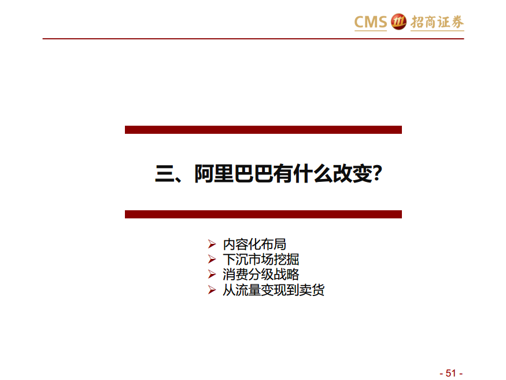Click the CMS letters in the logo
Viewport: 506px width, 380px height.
pyautogui.click(x=371, y=22)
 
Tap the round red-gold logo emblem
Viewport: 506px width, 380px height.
pyautogui.click(x=398, y=21)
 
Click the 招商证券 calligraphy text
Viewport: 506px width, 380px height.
pyautogui.click(x=437, y=22)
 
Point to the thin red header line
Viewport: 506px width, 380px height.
pyautogui.click(x=253, y=39)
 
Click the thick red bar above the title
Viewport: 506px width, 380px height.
pyautogui.click(x=263, y=130)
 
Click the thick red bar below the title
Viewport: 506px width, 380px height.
pyautogui.click(x=263, y=214)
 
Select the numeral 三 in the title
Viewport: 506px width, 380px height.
pyautogui.click(x=165, y=174)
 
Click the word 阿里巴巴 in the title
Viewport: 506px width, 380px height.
pyautogui.click(x=234, y=174)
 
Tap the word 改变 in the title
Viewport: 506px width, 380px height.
pyautogui.click(x=353, y=174)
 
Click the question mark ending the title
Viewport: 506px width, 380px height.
pyautogui.click(x=377, y=174)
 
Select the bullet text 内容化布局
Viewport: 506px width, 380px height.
pyautogui.click(x=254, y=244)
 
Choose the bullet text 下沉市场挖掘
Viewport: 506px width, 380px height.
pyautogui.click(x=261, y=260)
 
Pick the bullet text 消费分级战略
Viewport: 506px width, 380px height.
pyautogui.click(x=261, y=275)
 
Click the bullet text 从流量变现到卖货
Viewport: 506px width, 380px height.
pyautogui.click(x=274, y=290)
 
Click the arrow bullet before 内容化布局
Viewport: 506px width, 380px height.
pyautogui.click(x=212, y=244)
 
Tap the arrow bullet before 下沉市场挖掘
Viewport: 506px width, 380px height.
pyautogui.click(x=212, y=259)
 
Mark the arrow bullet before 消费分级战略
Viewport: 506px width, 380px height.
pyautogui.click(x=212, y=275)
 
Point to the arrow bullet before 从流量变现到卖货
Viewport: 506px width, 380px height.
pyautogui.click(x=212, y=290)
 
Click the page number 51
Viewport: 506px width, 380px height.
pyautogui.click(x=451, y=373)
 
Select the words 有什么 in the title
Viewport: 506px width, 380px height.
pyautogui.click(x=303, y=174)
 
